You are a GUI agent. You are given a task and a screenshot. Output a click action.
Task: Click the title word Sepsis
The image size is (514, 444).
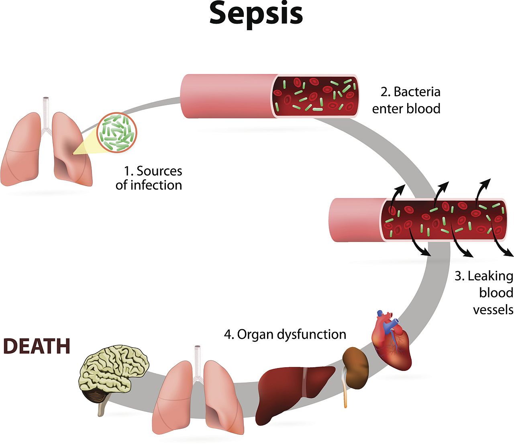(x=256, y=14)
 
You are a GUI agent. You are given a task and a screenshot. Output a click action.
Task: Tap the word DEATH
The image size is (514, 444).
(x=37, y=346)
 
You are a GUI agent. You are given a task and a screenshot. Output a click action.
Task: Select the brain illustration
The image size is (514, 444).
(x=114, y=368)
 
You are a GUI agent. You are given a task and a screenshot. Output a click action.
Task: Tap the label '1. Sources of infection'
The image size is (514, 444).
(x=149, y=178)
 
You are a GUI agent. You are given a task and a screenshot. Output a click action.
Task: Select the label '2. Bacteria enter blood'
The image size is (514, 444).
(x=406, y=100)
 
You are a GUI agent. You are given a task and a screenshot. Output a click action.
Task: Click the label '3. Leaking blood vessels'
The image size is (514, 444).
(x=484, y=293)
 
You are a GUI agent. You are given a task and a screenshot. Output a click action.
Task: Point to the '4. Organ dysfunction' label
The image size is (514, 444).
(x=285, y=334)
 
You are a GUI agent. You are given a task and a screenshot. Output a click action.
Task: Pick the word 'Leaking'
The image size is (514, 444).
(x=490, y=276)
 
